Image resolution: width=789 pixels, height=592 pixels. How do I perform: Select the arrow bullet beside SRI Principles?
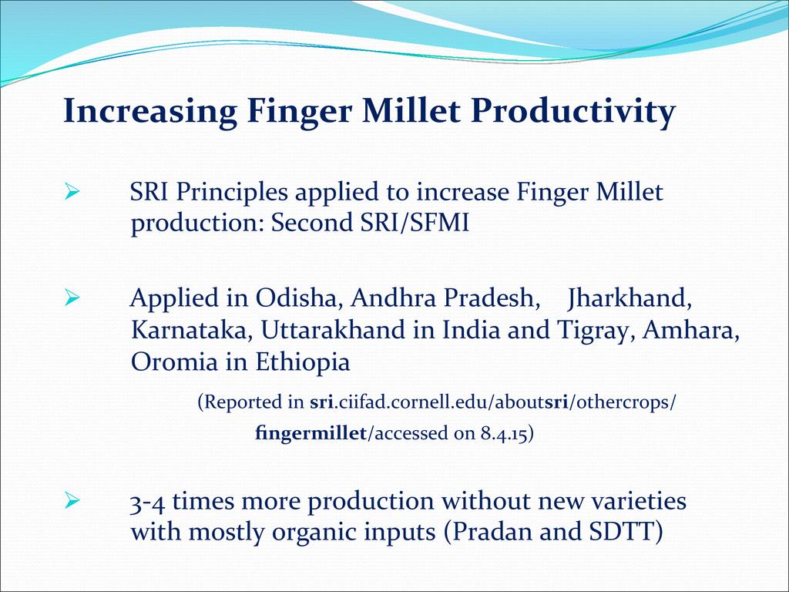(x=72, y=192)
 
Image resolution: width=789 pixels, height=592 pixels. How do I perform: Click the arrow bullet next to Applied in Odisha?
(x=72, y=298)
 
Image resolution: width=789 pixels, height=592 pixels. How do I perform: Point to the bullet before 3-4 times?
(x=72, y=500)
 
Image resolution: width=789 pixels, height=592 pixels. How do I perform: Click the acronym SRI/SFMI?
(x=415, y=223)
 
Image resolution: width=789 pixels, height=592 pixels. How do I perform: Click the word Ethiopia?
(x=302, y=362)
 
